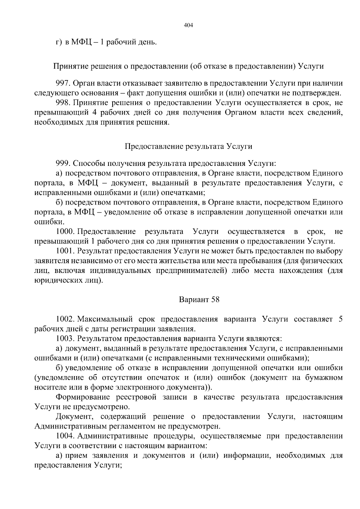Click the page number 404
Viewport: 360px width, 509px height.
tap(188, 25)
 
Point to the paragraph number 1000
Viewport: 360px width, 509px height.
tap(65, 232)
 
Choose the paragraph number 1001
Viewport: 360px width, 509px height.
tap(65, 251)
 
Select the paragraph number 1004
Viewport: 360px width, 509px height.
tap(65, 436)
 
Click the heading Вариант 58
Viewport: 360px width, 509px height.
tap(199, 299)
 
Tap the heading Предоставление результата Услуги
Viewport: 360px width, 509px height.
tap(188, 146)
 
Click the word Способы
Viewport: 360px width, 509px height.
tap(87, 163)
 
